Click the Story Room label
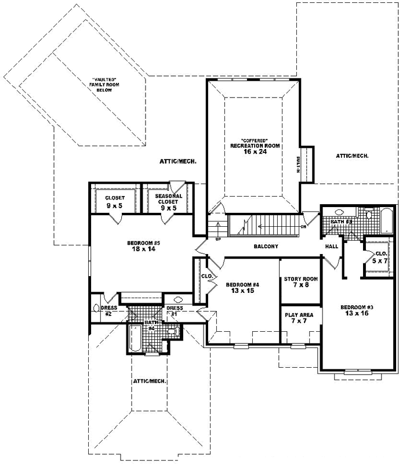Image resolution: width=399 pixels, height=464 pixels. (300, 279)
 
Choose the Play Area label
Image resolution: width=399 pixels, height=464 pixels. (299, 315)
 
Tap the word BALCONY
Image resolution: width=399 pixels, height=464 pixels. (266, 246)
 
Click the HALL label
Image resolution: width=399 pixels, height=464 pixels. (331, 246)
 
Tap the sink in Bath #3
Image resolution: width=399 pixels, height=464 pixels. (339, 212)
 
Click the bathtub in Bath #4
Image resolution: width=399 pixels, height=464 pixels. (135, 336)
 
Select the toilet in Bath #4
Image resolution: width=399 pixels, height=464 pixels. (172, 331)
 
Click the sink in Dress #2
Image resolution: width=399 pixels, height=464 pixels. (96, 307)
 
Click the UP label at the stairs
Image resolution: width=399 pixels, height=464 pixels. (218, 238)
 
